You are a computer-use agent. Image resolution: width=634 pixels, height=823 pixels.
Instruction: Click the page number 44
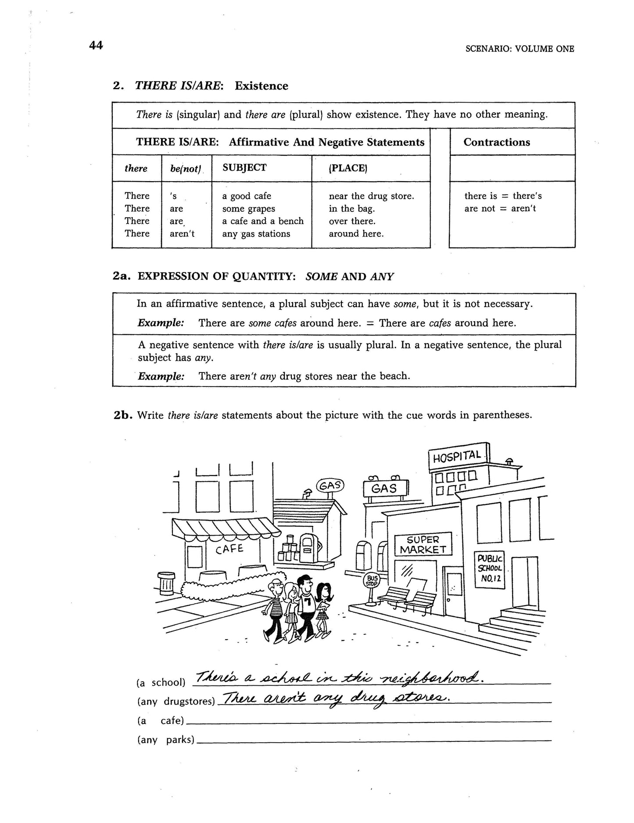pyautogui.click(x=96, y=45)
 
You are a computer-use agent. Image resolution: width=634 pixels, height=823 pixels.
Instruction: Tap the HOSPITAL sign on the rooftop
pyautogui.click(x=457, y=457)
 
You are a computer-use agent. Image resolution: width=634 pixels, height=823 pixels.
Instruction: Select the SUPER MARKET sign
pyautogui.click(x=423, y=544)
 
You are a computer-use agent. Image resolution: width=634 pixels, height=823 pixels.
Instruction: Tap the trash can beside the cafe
pyautogui.click(x=166, y=583)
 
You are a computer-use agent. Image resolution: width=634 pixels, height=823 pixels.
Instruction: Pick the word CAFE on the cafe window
pyautogui.click(x=229, y=549)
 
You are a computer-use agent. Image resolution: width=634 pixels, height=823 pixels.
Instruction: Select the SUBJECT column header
pyautogui.click(x=244, y=168)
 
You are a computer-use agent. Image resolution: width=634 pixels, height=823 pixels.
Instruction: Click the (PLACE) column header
pyautogui.click(x=348, y=168)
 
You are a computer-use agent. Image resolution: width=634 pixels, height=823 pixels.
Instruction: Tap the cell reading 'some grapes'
pyautogui.click(x=248, y=208)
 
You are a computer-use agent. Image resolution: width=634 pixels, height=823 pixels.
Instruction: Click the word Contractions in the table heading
pyautogui.click(x=497, y=142)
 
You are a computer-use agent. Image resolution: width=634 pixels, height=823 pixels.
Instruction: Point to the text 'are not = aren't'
pyautogui.click(x=500, y=208)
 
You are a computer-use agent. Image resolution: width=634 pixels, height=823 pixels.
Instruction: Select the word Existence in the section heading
pyautogui.click(x=261, y=86)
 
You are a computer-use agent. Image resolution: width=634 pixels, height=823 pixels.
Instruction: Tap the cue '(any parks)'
pyautogui.click(x=166, y=740)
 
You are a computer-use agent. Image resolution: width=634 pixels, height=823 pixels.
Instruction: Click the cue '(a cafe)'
pyautogui.click(x=161, y=720)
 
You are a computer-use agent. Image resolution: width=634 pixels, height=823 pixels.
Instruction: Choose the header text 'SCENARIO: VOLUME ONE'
pyautogui.click(x=519, y=49)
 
